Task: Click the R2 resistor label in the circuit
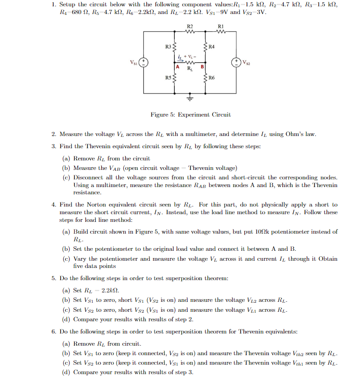[x=190, y=27]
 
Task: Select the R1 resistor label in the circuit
[x=220, y=27]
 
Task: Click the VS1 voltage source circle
[x=144, y=62]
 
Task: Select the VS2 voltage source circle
[x=236, y=62]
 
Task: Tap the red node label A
[x=178, y=67]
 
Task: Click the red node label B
[x=202, y=67]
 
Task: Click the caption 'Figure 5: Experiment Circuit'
[x=190, y=115]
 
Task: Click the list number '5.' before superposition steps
[x=54, y=278]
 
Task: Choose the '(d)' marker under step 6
[x=67, y=372]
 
